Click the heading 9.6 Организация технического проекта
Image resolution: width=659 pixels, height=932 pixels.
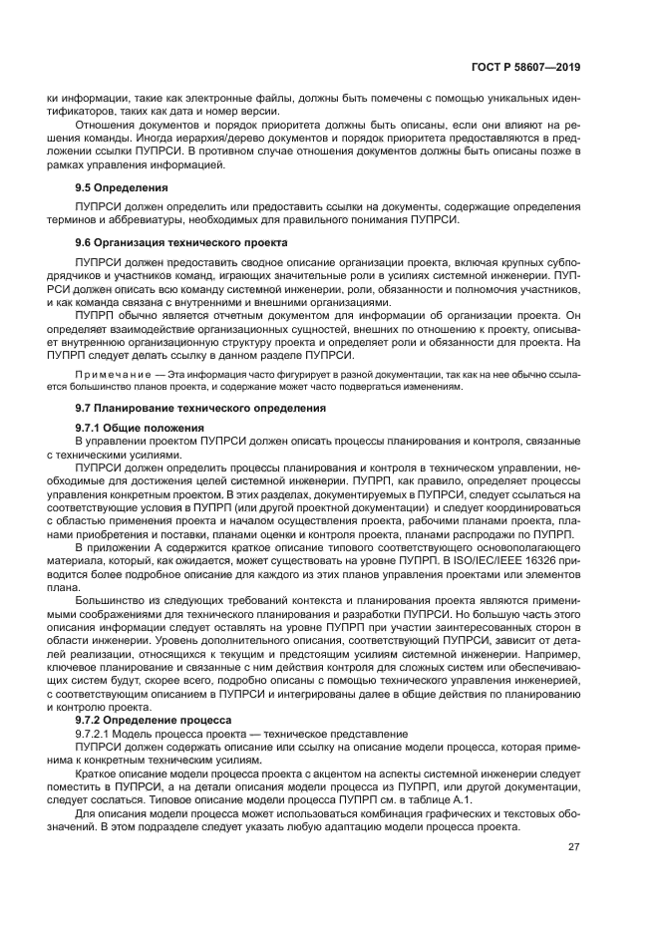coord(180,242)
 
